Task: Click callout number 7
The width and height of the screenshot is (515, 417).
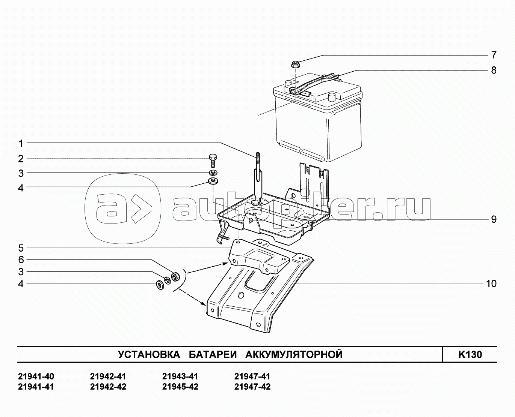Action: pos(494,55)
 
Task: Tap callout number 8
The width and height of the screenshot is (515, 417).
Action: pos(494,70)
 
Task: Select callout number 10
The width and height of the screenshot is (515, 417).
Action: pos(491,284)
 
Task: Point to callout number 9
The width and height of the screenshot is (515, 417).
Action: pos(494,219)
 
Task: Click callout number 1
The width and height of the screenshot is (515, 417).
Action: pos(21,143)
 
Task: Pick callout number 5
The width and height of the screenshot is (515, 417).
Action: pos(21,248)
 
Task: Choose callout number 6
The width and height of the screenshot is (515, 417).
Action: pos(21,260)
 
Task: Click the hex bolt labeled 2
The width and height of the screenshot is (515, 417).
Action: pos(213,160)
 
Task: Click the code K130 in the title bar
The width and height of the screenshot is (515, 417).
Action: pos(470,354)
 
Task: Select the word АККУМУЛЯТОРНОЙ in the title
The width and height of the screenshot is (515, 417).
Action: pos(294,354)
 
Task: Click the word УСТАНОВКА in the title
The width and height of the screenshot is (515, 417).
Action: pos(149,354)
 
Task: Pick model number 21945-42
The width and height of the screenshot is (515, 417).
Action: pos(180,387)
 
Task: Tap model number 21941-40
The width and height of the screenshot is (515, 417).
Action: pos(36,376)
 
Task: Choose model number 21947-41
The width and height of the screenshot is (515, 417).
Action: pos(252,376)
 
